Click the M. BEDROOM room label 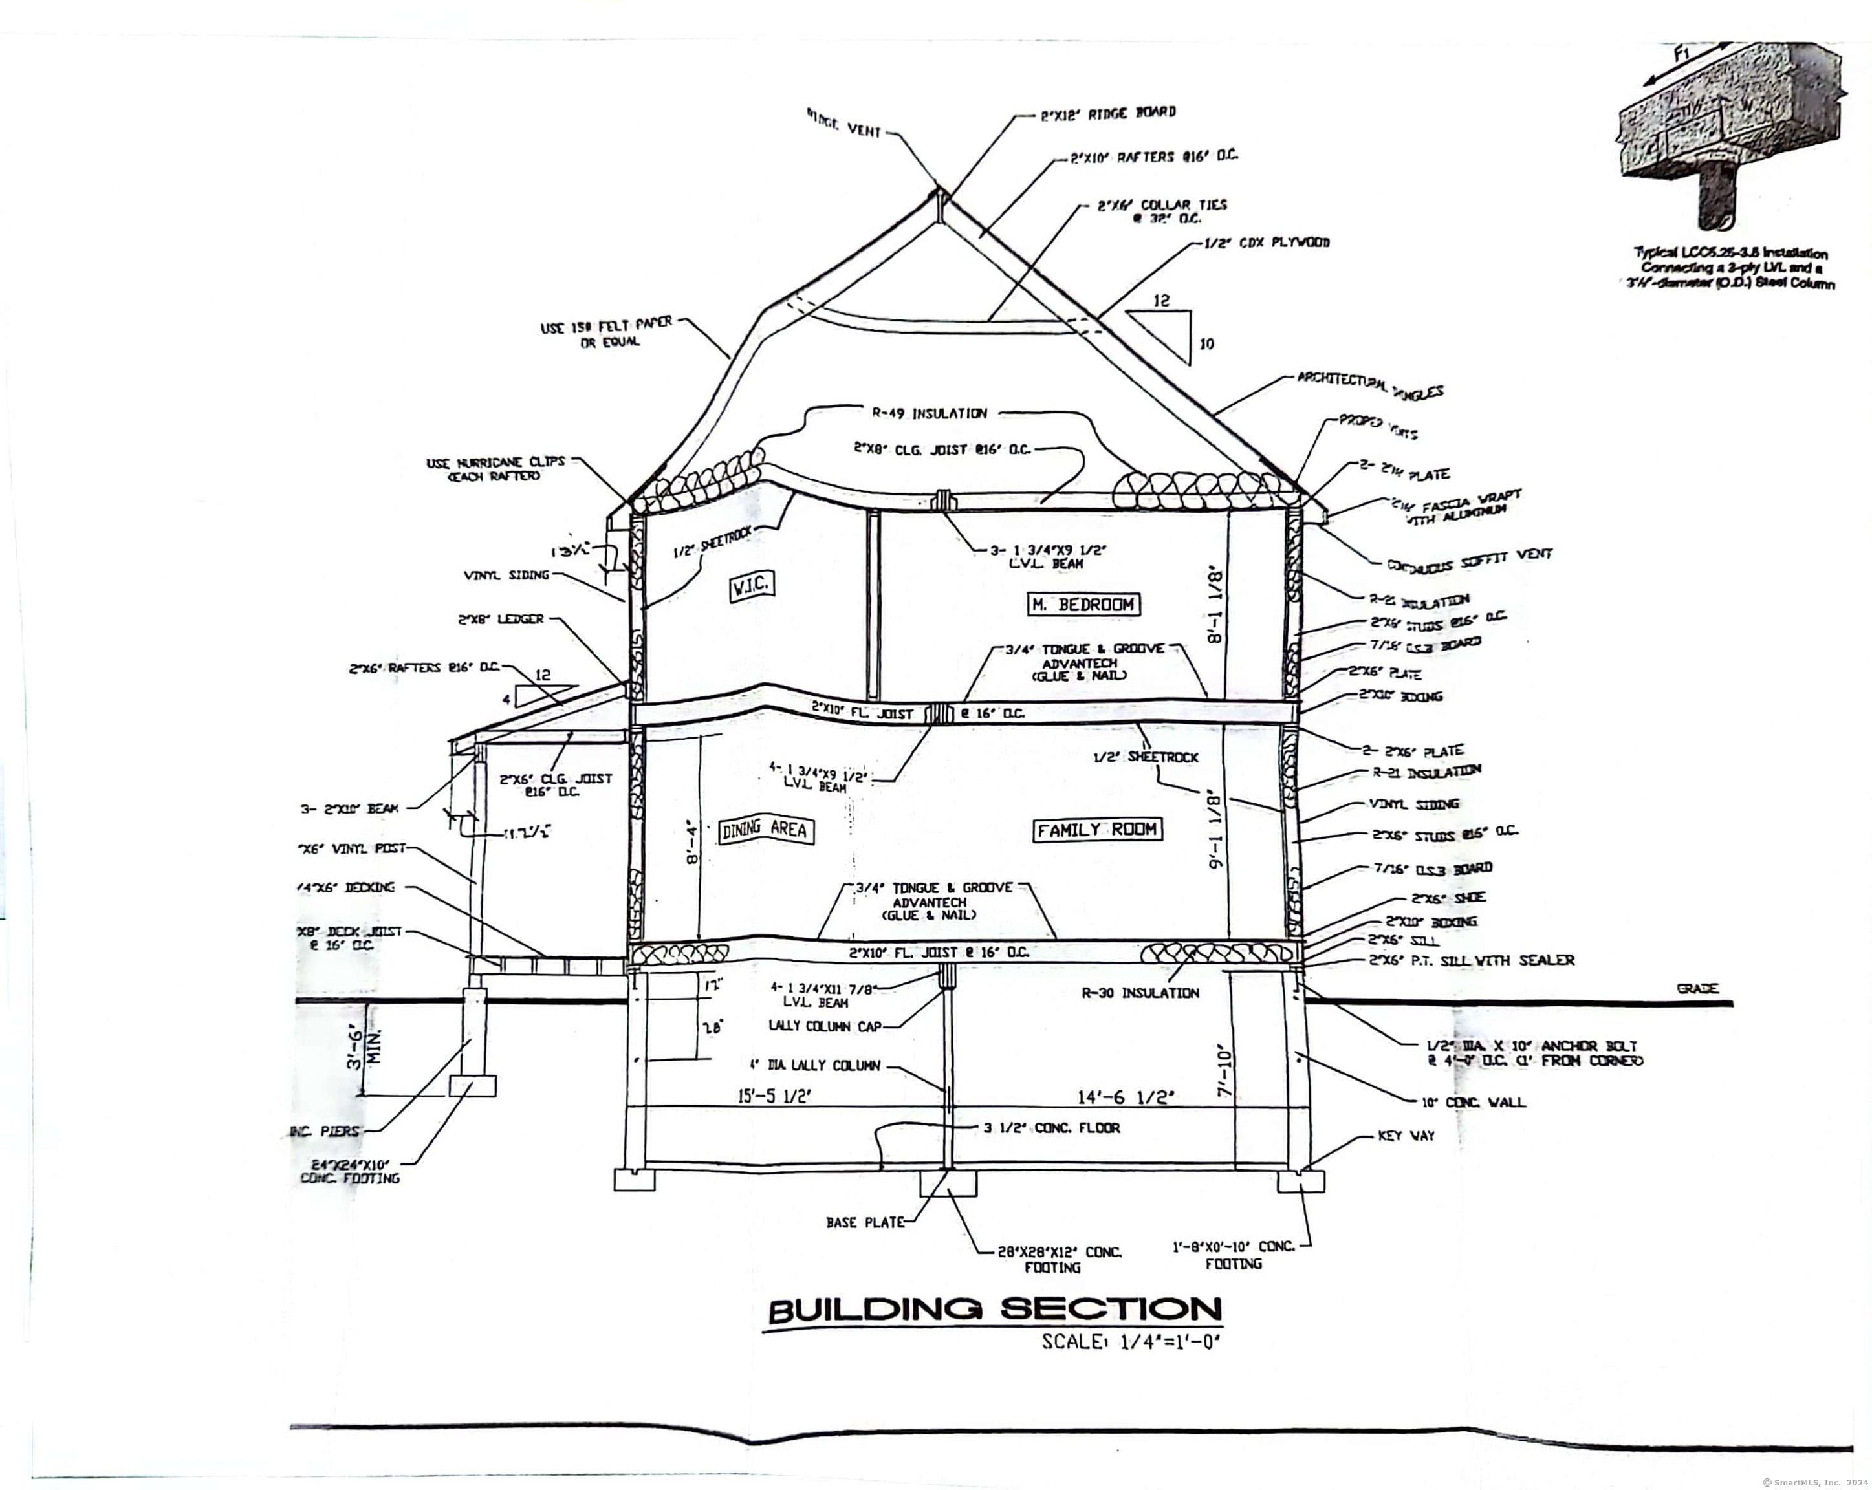point(1083,604)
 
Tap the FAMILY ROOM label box point(1096,830)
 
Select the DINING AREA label point(764,830)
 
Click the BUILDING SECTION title point(995,1310)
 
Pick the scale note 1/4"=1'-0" point(1131,1341)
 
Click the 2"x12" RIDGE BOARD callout point(1108,113)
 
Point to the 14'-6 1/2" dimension point(1126,1097)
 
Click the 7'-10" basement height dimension point(1226,1070)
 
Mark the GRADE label point(1697,988)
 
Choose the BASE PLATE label point(865,1222)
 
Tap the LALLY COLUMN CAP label point(825,1026)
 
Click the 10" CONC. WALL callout point(1473,1103)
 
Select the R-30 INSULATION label point(1140,993)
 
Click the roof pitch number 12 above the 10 point(1161,301)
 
